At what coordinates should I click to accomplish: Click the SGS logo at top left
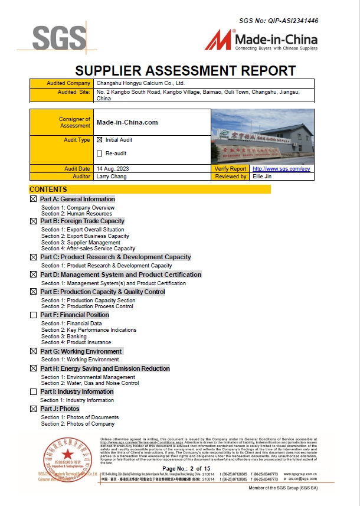pyautogui.click(x=59, y=38)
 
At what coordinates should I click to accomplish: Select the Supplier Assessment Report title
pyautogui.click(x=185, y=71)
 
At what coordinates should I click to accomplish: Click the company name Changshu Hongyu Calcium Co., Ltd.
pyautogui.click(x=140, y=84)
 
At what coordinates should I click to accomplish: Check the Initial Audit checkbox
pyautogui.click(x=100, y=140)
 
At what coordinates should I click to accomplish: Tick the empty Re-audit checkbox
pyautogui.click(x=100, y=154)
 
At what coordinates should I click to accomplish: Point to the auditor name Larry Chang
pyautogui.click(x=110, y=177)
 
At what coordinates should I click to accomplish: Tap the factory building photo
pyautogui.click(x=262, y=137)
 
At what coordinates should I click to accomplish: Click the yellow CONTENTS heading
pyautogui.click(x=48, y=190)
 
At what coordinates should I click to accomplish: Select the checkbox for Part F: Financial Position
pyautogui.click(x=33, y=315)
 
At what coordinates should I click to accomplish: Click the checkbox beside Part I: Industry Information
pyautogui.click(x=33, y=392)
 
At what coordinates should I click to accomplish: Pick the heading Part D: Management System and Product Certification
pyautogui.click(x=120, y=275)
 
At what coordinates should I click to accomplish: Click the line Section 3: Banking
pyautogui.click(x=64, y=337)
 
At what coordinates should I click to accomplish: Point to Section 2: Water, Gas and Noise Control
pyautogui.click(x=90, y=383)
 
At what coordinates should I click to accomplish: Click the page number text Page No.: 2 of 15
pyautogui.click(x=186, y=468)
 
